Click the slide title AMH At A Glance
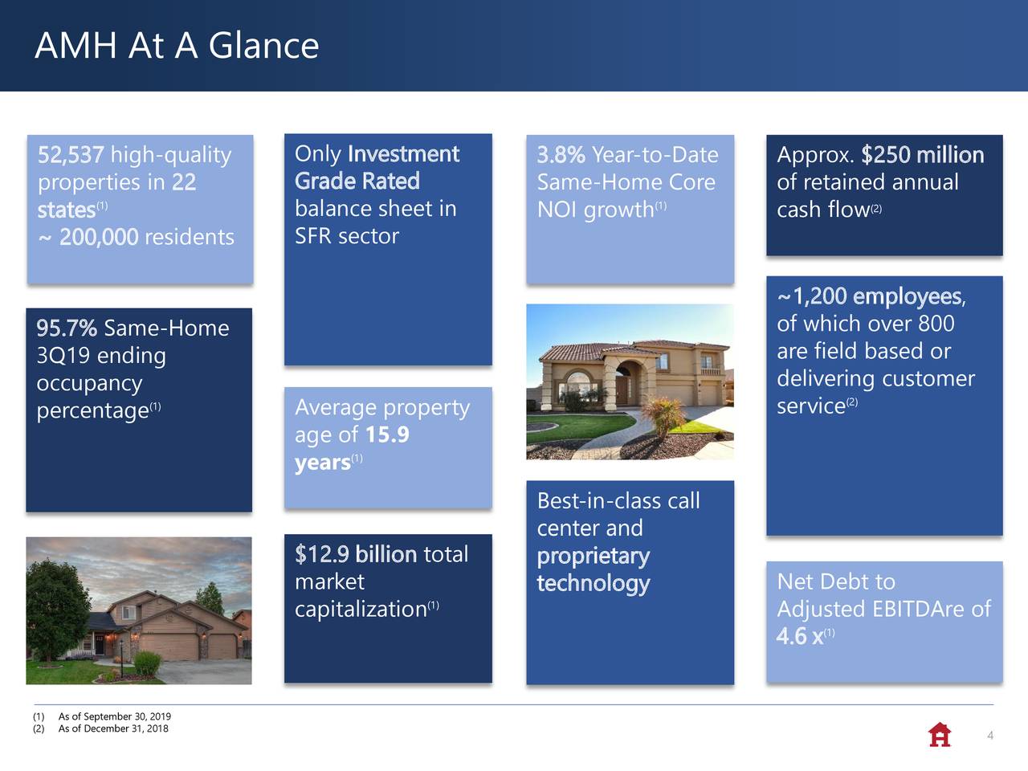point(177,45)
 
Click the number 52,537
point(71,155)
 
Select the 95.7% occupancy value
point(67,328)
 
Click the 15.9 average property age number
point(386,435)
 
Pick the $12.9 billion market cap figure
point(355,554)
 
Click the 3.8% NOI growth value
point(561,155)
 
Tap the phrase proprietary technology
point(593,569)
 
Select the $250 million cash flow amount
point(922,155)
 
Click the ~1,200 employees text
point(870,296)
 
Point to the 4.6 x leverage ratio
point(800,637)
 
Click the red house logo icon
point(939,734)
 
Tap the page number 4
point(990,736)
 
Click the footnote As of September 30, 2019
point(114,716)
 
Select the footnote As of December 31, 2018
point(112,728)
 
